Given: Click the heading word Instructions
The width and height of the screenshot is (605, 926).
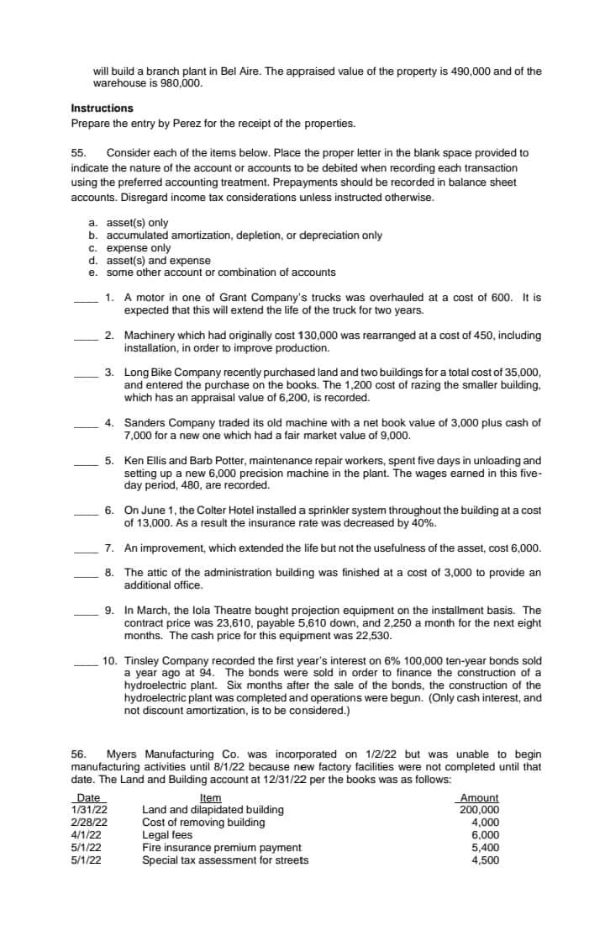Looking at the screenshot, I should click(102, 108).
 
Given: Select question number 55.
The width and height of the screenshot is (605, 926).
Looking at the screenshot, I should click(79, 153).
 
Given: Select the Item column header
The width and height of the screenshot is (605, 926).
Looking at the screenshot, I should click(211, 798).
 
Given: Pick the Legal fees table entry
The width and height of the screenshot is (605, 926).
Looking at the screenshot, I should click(167, 835).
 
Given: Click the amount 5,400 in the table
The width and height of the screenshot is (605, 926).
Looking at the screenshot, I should click(486, 848).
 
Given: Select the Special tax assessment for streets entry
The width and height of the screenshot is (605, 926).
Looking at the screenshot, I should click(225, 860).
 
